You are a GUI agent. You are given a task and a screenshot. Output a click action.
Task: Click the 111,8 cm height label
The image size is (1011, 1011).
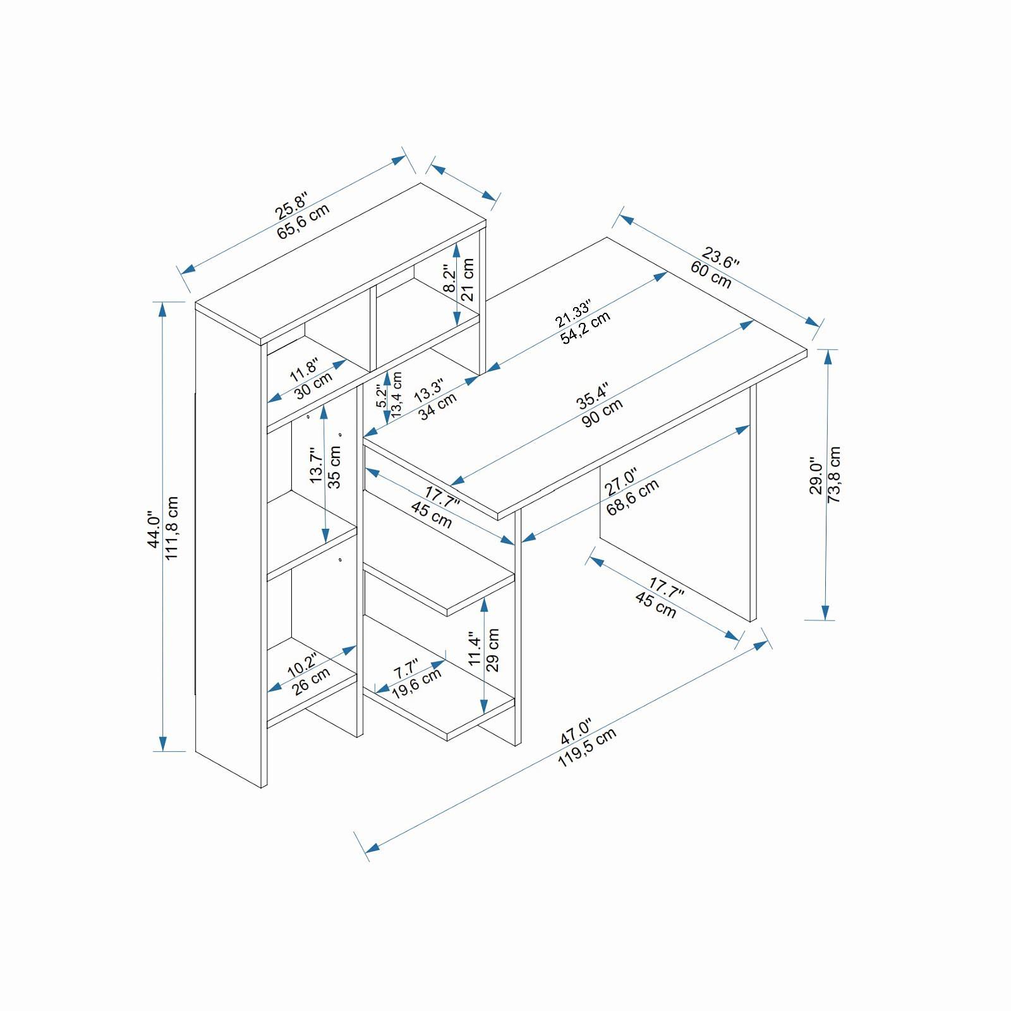coord(172,528)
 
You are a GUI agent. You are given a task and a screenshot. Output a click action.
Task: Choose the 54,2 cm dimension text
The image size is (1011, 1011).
coord(586,327)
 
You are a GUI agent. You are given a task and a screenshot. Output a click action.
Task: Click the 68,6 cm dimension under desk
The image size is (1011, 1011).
coord(633,497)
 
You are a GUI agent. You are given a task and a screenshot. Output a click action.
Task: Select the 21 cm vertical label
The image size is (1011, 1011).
coord(468,279)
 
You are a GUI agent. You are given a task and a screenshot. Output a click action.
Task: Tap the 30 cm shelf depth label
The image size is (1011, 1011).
coord(313,385)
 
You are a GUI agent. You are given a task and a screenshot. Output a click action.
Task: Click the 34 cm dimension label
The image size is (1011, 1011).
coord(437,406)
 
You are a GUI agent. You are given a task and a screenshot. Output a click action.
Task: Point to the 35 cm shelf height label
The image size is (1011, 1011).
coord(335,467)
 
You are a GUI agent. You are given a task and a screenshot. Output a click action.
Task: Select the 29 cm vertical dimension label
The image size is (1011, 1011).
coord(493,650)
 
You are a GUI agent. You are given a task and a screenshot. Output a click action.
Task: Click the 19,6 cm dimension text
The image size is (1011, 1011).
coord(416,683)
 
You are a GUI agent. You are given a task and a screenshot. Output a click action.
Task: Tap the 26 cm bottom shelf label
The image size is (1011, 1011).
coord(312,681)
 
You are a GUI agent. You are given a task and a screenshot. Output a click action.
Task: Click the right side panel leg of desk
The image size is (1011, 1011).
coord(753,505)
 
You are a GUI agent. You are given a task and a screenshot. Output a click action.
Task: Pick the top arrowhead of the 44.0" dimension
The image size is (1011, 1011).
coord(163,308)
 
